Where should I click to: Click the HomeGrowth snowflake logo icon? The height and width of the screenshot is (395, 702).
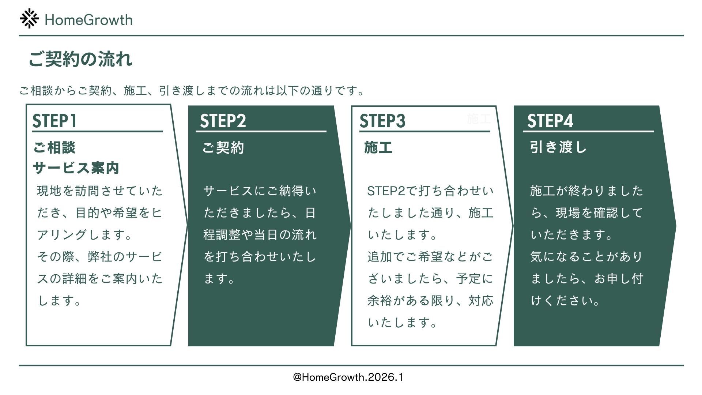29,19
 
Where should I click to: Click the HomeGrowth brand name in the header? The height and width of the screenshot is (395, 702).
88,20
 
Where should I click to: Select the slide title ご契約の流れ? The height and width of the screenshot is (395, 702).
80,59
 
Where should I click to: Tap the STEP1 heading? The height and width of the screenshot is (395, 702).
54,121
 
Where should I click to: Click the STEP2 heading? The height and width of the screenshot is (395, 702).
223,121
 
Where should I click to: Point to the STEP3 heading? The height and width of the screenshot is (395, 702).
382,121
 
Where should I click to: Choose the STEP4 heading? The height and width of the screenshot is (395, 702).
550,121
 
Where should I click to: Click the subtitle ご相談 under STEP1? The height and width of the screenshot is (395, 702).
54,148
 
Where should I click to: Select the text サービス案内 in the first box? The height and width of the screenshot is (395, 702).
76,168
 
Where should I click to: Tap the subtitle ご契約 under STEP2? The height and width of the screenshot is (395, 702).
223,148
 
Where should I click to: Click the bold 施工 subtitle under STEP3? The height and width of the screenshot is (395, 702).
378,148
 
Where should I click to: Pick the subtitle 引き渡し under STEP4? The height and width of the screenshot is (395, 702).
558,147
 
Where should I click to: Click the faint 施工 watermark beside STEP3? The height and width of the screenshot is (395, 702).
478,119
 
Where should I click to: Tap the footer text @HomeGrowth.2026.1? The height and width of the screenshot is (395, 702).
348,377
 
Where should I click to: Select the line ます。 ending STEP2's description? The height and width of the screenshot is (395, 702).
219,279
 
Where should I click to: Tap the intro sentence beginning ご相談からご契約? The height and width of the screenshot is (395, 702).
192,90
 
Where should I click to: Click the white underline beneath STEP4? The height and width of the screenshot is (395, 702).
588,131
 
